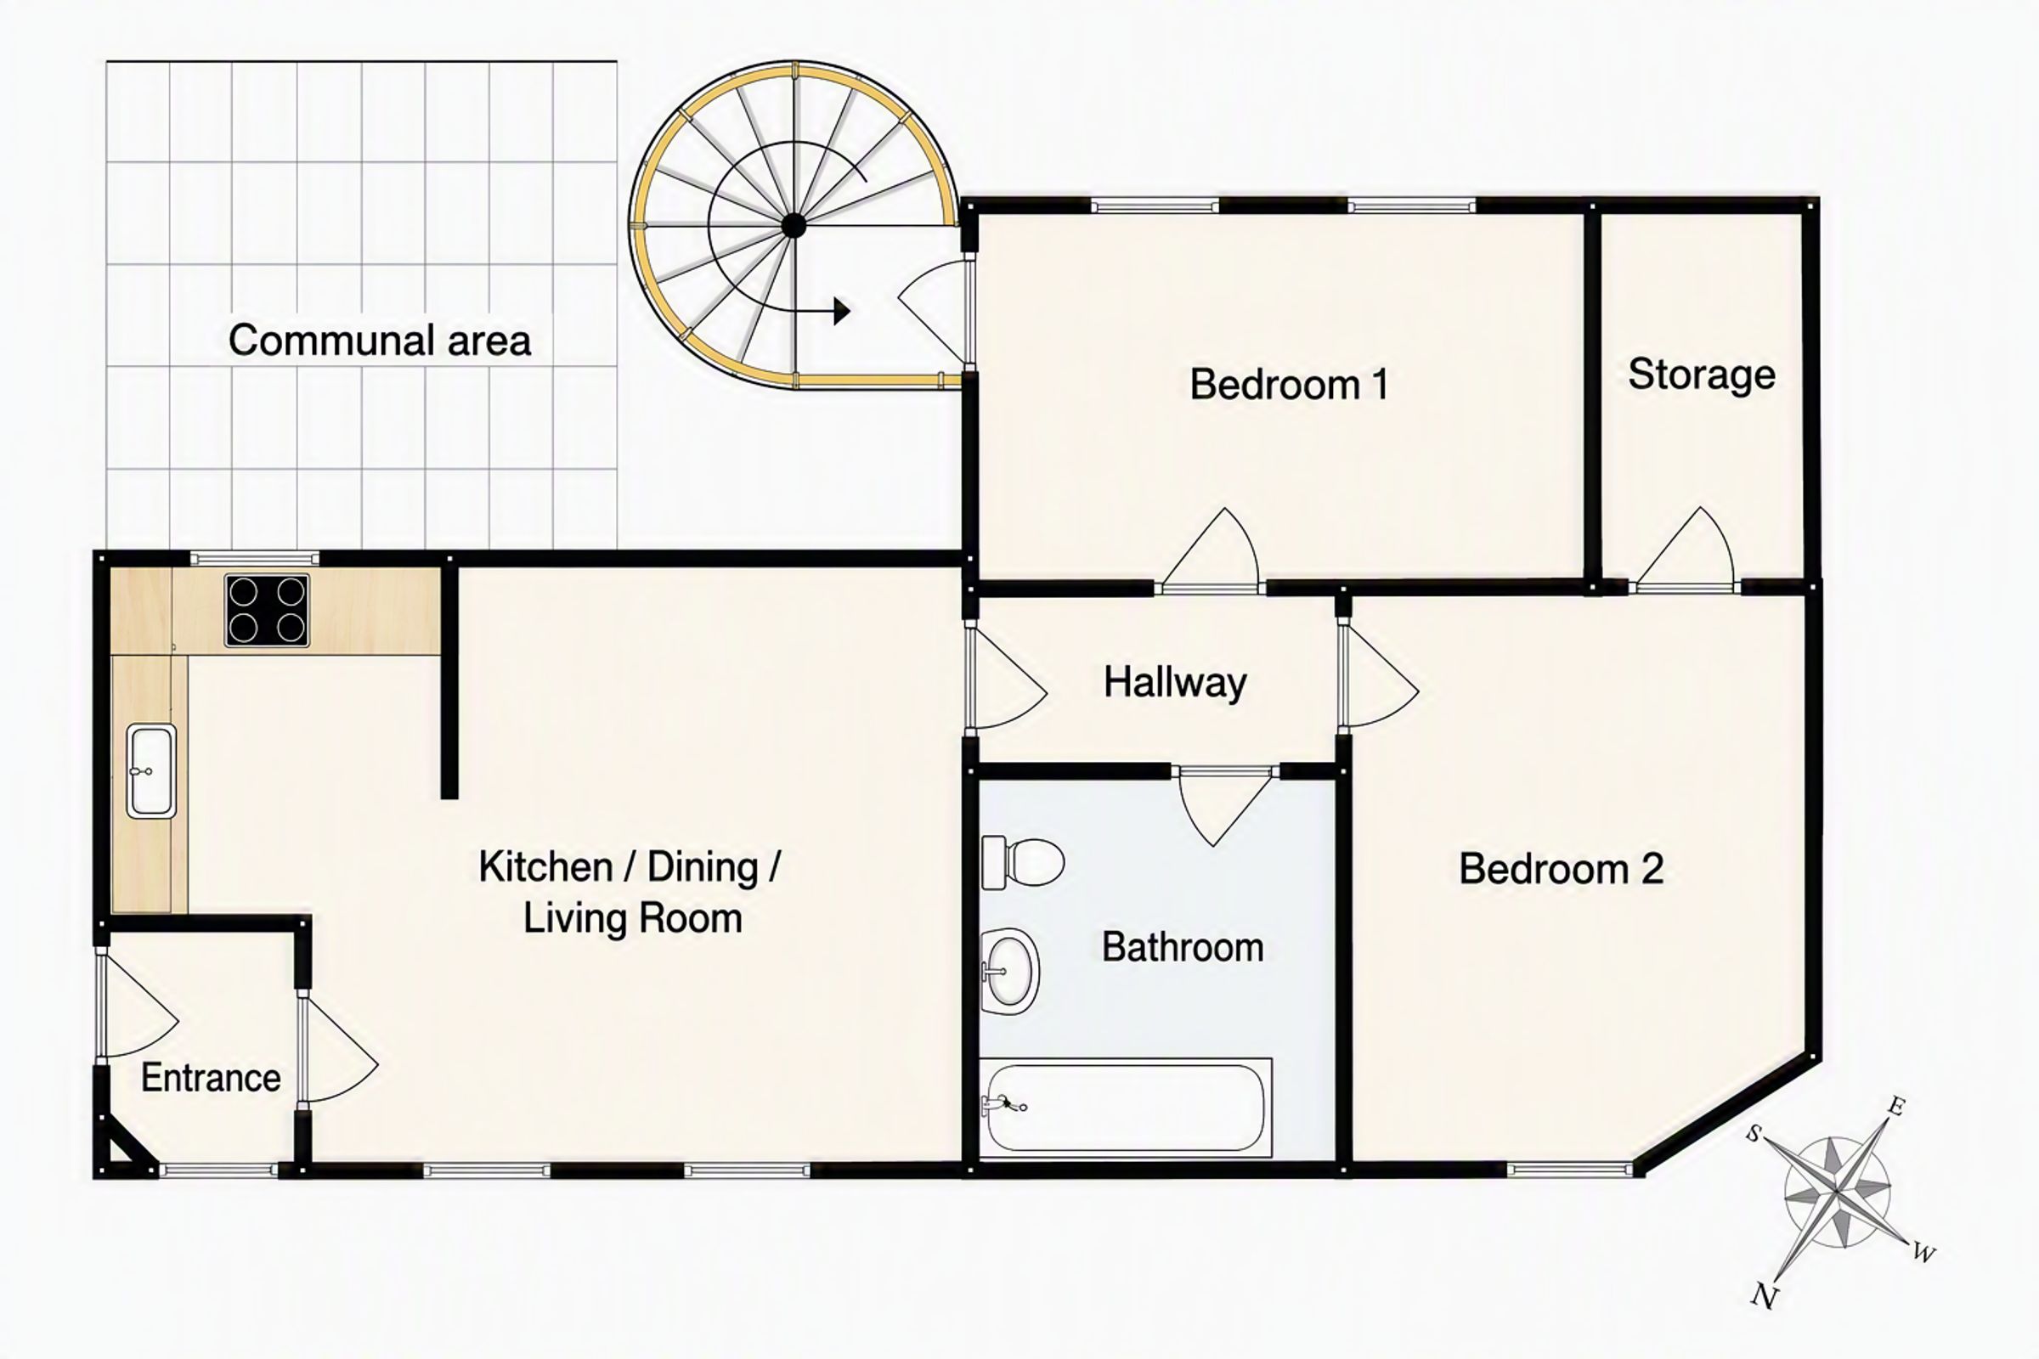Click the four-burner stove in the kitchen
[267, 610]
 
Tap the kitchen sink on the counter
[152, 771]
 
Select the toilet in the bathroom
[1022, 862]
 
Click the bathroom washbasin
[1010, 971]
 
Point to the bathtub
[1125, 1108]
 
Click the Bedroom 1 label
[1289, 384]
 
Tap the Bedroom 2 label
[1562, 868]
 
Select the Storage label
[1702, 375]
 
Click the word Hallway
[1176, 683]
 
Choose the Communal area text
[380, 340]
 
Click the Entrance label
[211, 1078]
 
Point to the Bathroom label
[1183, 947]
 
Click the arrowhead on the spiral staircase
[841, 310]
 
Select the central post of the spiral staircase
[794, 226]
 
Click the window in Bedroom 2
[1569, 1170]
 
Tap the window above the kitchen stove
[255, 559]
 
